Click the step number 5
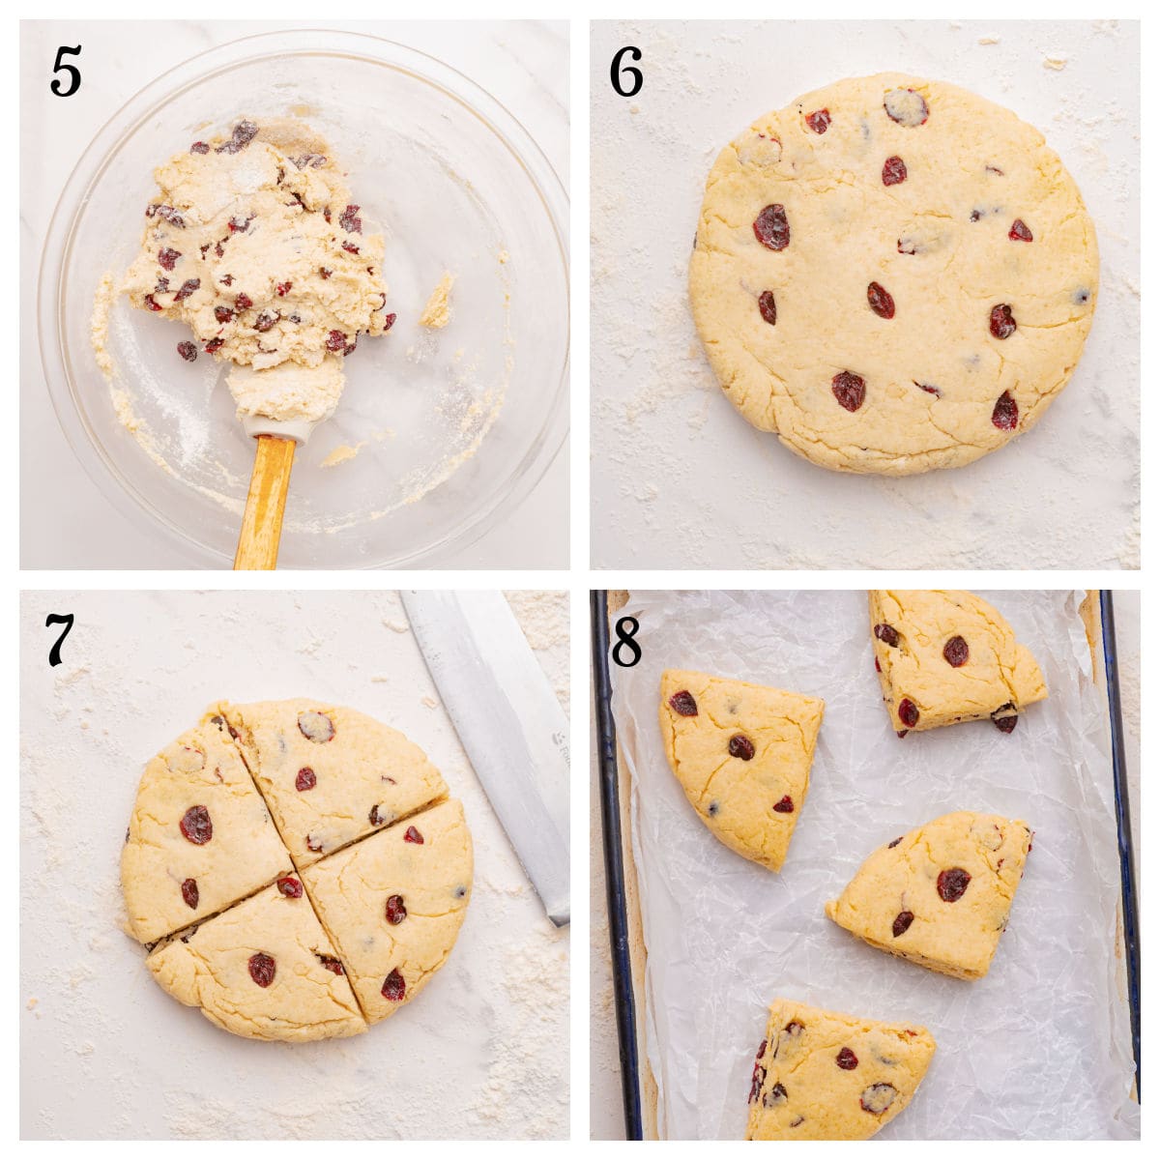click(66, 72)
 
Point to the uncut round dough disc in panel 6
click(894, 275)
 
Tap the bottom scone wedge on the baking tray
click(836, 1073)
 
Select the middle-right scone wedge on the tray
click(933, 894)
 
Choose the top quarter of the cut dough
click(333, 773)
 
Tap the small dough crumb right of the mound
click(437, 302)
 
